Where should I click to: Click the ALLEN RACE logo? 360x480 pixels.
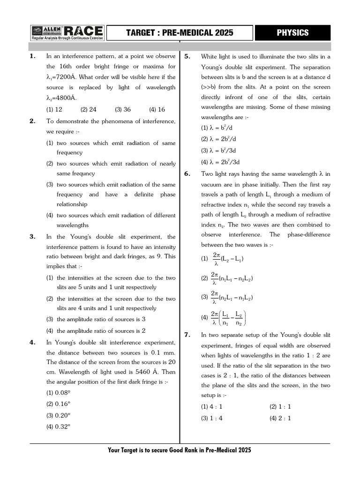67,32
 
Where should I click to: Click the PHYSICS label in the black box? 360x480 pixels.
292,32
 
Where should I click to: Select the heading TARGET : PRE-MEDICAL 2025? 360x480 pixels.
180,33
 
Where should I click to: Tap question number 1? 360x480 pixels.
32,56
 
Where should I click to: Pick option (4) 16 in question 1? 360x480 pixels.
157,109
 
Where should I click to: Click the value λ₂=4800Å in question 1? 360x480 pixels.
61,98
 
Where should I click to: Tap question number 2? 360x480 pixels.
32,121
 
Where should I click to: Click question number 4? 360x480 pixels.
32,342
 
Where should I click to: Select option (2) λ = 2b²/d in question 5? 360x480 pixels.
218,139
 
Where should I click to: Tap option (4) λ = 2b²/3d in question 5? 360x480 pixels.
220,162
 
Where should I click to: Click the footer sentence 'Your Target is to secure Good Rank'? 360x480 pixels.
180,450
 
